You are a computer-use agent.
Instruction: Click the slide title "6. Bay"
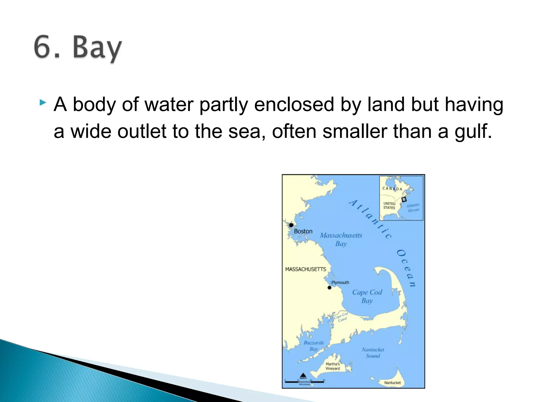pyautogui.click(x=78, y=48)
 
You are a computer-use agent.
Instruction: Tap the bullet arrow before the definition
pyautogui.click(x=43, y=102)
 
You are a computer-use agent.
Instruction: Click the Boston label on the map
pyautogui.click(x=303, y=231)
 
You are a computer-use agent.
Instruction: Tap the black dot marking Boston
pyautogui.click(x=291, y=225)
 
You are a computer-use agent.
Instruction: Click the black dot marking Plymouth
pyautogui.click(x=330, y=288)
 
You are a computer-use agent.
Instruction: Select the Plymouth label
pyautogui.click(x=340, y=282)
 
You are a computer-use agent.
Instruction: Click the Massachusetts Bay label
pyautogui.click(x=341, y=239)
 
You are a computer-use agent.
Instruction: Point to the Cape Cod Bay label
pyautogui.click(x=367, y=296)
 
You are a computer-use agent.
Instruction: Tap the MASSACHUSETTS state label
pyautogui.click(x=305, y=269)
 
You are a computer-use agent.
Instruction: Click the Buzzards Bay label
pyautogui.click(x=314, y=345)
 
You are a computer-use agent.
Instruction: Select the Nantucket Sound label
pyautogui.click(x=373, y=353)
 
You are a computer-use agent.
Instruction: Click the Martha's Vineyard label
pyautogui.click(x=333, y=366)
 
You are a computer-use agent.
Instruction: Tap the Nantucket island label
pyautogui.click(x=392, y=383)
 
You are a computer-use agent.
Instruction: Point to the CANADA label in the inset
pyautogui.click(x=392, y=189)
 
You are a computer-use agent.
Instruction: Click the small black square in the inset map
pyautogui.click(x=404, y=199)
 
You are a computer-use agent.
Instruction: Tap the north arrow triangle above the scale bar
pyautogui.click(x=303, y=375)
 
